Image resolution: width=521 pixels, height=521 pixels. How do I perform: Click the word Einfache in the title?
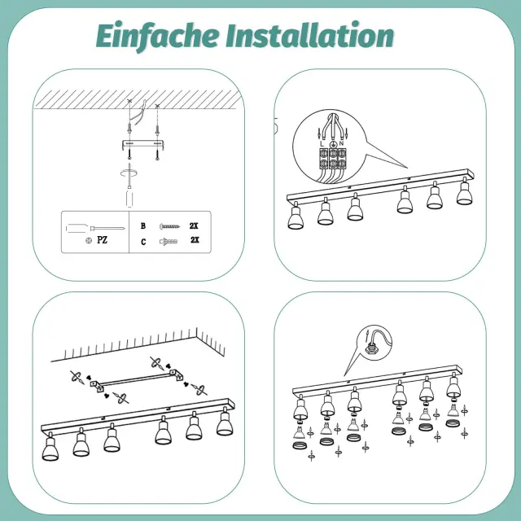(x=157, y=36)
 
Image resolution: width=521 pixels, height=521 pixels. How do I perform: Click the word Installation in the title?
(x=310, y=34)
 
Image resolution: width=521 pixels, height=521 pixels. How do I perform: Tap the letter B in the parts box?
(x=143, y=226)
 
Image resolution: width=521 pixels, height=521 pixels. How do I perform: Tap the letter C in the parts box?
(x=143, y=242)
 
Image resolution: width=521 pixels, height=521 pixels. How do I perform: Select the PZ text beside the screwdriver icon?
(x=102, y=240)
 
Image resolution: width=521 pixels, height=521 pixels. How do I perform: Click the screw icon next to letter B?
(x=169, y=226)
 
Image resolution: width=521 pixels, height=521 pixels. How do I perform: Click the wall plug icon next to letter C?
(x=169, y=242)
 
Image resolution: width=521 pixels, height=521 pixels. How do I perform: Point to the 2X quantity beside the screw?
(x=194, y=226)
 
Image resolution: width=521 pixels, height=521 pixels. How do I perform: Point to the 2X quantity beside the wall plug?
(x=195, y=240)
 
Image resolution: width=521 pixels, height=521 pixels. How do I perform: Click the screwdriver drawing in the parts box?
(x=95, y=228)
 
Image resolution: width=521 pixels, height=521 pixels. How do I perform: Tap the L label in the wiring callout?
(x=322, y=144)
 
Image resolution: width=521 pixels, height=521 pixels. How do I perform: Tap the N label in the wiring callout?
(x=341, y=143)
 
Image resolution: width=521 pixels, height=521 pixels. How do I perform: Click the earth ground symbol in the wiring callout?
(x=333, y=144)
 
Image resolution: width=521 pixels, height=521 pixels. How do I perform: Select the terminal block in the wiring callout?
(x=333, y=159)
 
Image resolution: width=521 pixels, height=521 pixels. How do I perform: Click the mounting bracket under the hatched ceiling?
(x=142, y=145)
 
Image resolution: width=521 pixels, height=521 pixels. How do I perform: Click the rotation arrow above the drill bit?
(x=129, y=173)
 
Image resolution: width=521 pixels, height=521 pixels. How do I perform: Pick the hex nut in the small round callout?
(x=370, y=349)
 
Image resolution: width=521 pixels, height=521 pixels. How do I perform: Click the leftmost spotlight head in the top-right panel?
(x=296, y=217)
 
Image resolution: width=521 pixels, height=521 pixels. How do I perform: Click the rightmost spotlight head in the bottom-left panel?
(x=225, y=422)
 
